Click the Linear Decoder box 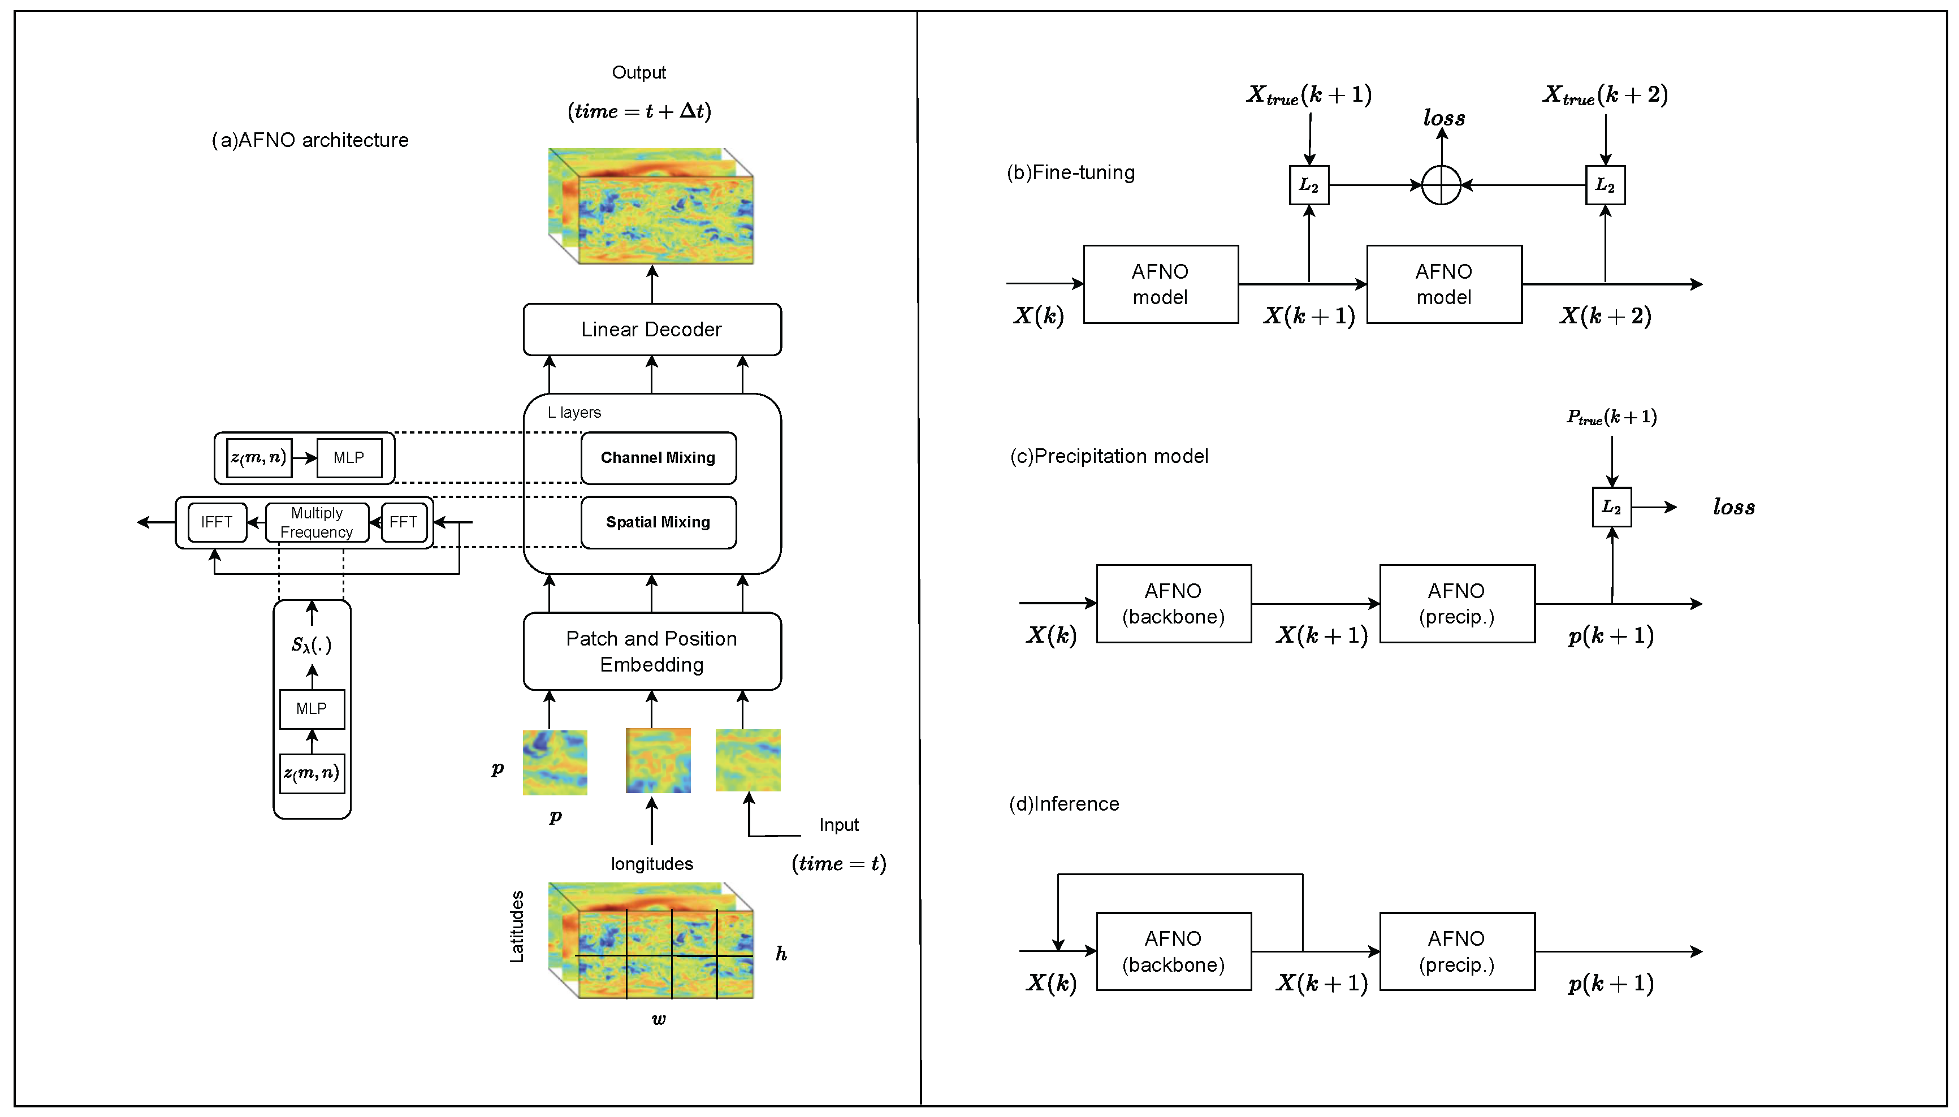(x=651, y=329)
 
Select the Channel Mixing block (x=658, y=458)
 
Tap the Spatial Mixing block (x=658, y=522)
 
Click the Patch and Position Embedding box (x=651, y=651)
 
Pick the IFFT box (x=217, y=522)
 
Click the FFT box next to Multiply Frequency (x=404, y=522)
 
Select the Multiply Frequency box (x=317, y=522)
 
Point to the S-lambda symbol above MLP (x=310, y=644)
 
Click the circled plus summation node (x=1441, y=185)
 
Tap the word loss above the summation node (x=1443, y=118)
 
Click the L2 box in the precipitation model (x=1611, y=507)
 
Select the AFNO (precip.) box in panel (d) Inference (x=1456, y=951)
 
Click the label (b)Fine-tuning (x=1070, y=172)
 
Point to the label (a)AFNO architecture (x=310, y=140)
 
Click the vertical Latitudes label (x=517, y=926)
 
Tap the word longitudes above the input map (x=651, y=864)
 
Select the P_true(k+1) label (x=1611, y=417)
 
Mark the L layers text (x=574, y=413)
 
